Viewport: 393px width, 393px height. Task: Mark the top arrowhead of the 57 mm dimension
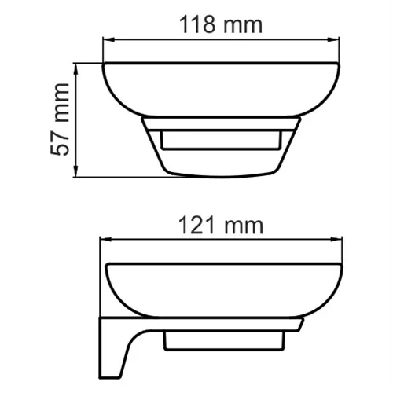point(76,68)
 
